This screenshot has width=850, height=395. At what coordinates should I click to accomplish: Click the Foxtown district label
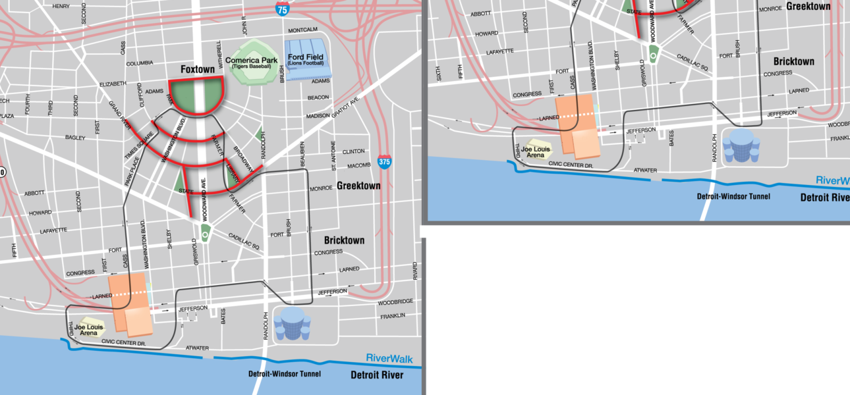pos(198,69)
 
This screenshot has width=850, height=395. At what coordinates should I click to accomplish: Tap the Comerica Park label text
pos(252,61)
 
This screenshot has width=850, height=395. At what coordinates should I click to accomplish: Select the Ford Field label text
pos(306,57)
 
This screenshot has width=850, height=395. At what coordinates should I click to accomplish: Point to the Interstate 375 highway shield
pos(385,161)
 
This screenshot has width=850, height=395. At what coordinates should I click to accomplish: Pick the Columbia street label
pos(139,63)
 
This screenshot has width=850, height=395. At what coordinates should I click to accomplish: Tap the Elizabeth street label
pos(112,84)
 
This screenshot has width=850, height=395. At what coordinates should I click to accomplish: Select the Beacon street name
pos(318,97)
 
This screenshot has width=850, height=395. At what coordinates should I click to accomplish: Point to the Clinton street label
pos(353,151)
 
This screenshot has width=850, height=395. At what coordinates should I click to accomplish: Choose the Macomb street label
pos(358,165)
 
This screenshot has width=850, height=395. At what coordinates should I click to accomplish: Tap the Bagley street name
pos(75,138)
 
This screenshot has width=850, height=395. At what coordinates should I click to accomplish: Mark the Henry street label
pos(61,6)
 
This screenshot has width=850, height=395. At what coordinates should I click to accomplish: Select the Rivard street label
pos(414,270)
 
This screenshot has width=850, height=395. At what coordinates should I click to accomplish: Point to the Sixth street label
pos(439,73)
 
